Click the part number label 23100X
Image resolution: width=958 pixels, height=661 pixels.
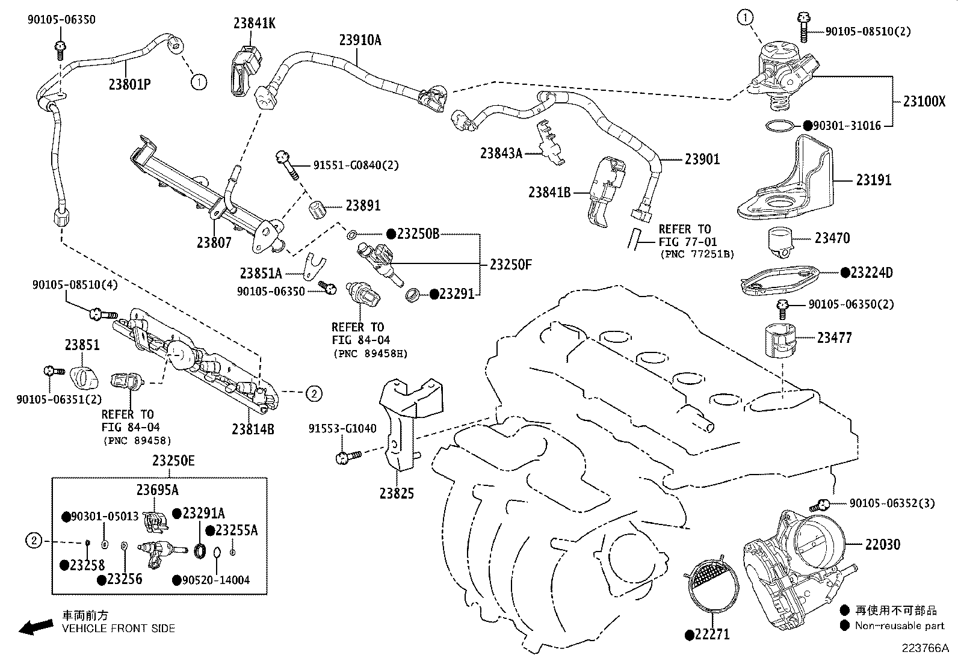point(924,101)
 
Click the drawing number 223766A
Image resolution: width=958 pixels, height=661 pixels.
point(925,648)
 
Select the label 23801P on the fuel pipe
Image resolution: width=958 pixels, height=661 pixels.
point(129,84)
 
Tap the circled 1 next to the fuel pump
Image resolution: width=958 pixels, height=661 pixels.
point(745,18)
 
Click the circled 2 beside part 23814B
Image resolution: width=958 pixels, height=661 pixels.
point(314,394)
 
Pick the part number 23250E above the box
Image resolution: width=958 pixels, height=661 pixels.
point(173,461)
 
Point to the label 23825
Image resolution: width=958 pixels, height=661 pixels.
point(397,494)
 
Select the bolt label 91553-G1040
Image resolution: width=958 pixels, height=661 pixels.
point(342,429)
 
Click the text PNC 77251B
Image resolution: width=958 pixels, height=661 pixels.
point(697,254)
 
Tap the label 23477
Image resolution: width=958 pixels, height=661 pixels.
point(834,338)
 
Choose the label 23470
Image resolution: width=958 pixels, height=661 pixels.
point(832,238)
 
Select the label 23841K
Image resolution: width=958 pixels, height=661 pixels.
point(255,23)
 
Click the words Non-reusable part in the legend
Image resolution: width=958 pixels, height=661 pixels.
point(900,626)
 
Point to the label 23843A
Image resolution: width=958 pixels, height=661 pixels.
point(501,153)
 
